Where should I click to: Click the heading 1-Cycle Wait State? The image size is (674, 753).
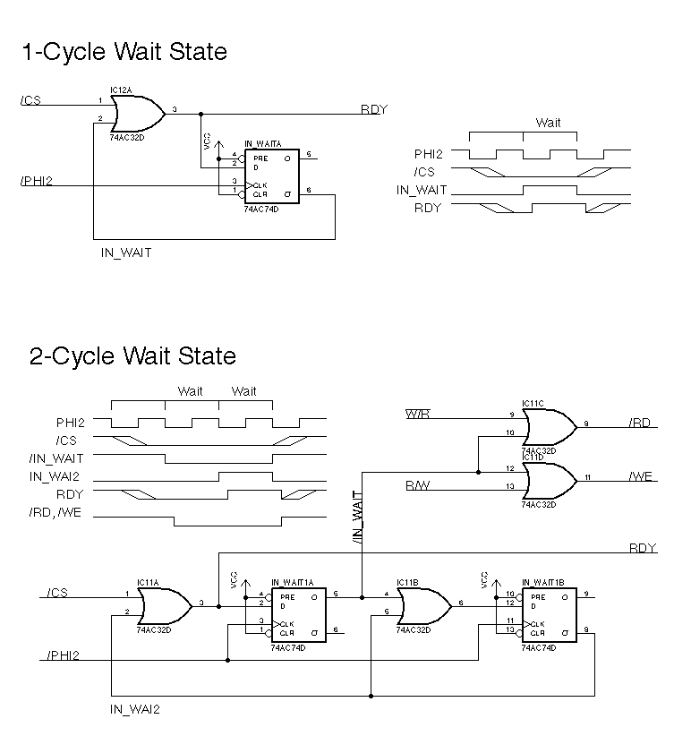[x=124, y=52]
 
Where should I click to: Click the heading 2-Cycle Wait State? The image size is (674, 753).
[x=132, y=356]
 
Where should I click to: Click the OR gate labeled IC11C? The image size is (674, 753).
[x=549, y=427]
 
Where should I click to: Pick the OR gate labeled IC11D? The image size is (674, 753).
[x=549, y=480]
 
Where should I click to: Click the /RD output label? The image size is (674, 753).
[x=640, y=424]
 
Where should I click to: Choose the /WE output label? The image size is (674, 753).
[x=641, y=476]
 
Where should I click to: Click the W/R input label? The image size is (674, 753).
[x=417, y=415]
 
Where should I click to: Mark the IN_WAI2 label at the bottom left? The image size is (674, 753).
[x=135, y=709]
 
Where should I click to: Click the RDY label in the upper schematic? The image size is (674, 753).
[x=373, y=109]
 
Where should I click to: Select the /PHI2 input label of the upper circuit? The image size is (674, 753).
[x=36, y=182]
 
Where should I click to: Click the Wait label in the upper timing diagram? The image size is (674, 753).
[x=548, y=123]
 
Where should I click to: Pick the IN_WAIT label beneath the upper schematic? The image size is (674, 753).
[x=126, y=253]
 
